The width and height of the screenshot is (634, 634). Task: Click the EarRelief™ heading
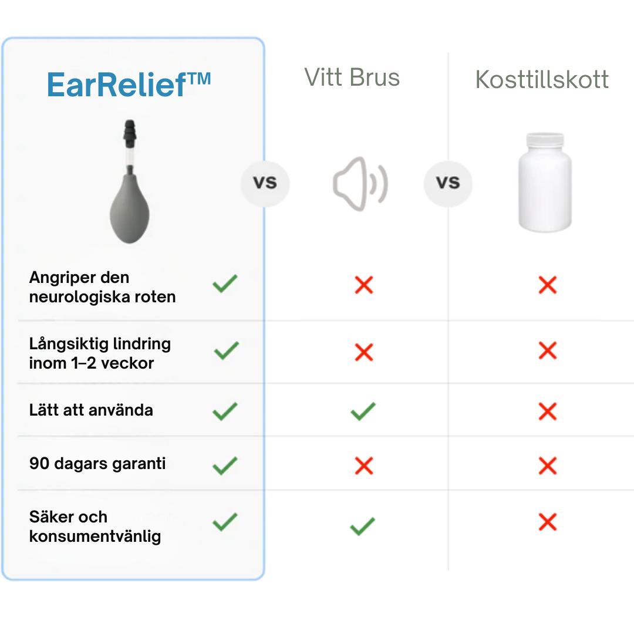pos(129,85)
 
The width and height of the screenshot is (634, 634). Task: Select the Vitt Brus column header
pos(352,77)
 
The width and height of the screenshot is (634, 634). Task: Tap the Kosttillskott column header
pos(542,80)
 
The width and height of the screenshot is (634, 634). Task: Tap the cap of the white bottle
pos(545,141)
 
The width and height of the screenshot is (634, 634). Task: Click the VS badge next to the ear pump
pos(265,183)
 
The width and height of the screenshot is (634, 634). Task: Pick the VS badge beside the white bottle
pos(448,183)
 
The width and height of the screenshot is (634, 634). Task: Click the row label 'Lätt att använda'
pos(91,410)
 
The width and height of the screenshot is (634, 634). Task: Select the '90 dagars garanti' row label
pos(97,464)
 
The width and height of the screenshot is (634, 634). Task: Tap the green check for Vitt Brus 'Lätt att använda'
pos(363,411)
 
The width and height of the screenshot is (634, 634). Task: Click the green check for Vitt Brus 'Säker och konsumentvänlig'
pos(363,525)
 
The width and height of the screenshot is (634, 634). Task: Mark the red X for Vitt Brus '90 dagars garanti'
pos(364,466)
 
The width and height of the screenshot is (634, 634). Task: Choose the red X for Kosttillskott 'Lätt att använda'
pos(547,411)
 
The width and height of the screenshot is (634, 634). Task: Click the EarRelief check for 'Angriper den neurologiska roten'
pos(225,284)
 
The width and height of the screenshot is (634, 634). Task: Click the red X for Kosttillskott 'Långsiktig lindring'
pos(547,351)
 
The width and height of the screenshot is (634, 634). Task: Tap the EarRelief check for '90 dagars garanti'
pos(225,466)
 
